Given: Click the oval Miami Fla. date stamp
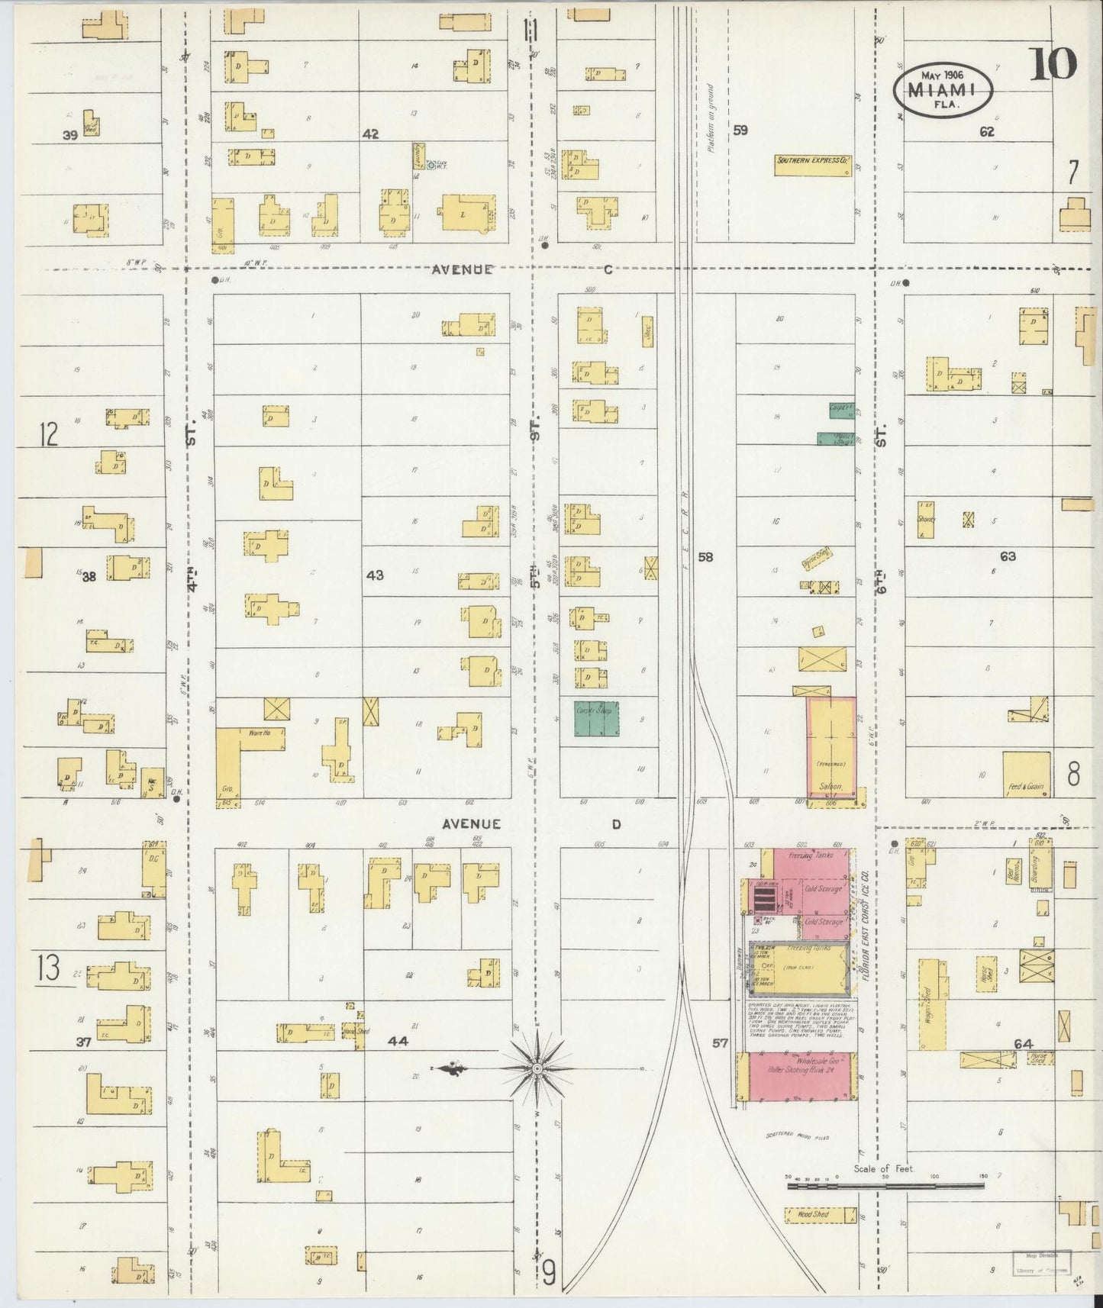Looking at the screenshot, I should coord(943,90).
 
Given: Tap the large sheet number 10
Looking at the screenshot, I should coord(1053,64).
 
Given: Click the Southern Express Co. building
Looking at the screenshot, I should coord(813,166).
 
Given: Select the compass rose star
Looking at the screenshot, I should coord(537,1068).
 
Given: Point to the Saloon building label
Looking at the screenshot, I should coord(830,785).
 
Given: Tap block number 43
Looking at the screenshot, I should coord(375,575).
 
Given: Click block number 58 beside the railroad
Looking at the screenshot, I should coord(705,557).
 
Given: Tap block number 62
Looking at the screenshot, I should coord(987,131).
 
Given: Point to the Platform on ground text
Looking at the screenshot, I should coord(709,118).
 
